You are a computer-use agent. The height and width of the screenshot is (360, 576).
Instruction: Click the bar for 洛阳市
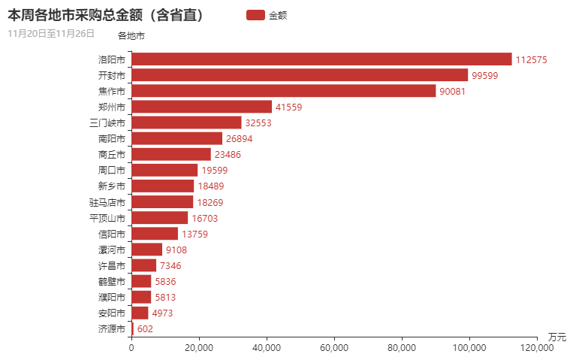tap(321, 59)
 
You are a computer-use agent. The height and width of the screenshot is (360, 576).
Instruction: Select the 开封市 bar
tap(300, 75)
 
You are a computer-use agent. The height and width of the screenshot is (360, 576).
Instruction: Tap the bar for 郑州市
tap(201, 107)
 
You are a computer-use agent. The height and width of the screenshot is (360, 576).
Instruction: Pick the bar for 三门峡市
tap(186, 123)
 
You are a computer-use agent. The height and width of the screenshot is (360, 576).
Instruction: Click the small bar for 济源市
tap(133, 328)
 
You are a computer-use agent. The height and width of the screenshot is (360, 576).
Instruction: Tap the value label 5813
tap(165, 297)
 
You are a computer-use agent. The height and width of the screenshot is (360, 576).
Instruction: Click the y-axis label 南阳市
tap(112, 138)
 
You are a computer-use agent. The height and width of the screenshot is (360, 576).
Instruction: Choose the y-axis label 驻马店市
tap(107, 202)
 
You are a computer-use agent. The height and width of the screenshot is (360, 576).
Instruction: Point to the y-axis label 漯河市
tap(112, 250)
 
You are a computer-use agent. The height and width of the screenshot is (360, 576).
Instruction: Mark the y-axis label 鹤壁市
tap(112, 281)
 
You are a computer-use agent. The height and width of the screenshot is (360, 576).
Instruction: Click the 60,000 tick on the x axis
tap(334, 347)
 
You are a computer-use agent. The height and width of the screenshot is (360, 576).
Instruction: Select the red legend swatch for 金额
tap(255, 14)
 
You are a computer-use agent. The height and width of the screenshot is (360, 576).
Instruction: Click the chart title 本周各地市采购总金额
tap(106, 14)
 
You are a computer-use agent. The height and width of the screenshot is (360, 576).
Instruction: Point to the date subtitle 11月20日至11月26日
tap(51, 33)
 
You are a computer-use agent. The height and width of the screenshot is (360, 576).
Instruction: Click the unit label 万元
tap(556, 336)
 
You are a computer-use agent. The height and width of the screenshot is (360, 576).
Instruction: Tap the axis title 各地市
tap(131, 35)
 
